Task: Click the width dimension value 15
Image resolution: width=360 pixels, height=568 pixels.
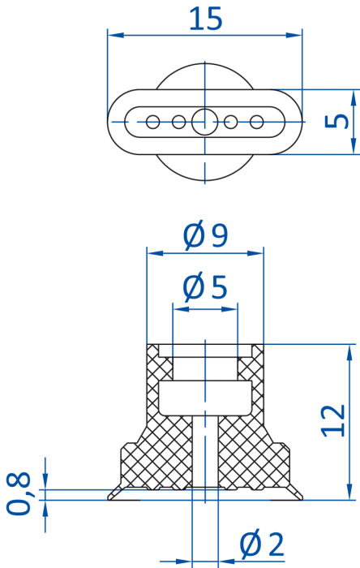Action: click(205, 19)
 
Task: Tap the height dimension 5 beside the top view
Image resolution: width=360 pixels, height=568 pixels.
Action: click(336, 122)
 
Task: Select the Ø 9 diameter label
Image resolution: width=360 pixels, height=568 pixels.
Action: click(205, 235)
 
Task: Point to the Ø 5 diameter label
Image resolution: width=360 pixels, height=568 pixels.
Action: click(205, 287)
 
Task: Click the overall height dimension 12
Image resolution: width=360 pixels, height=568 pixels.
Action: click(333, 420)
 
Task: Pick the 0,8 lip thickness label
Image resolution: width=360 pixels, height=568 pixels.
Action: click(18, 493)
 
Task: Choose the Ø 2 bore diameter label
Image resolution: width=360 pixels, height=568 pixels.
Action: click(262, 544)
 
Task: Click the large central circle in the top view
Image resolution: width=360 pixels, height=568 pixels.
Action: click(205, 122)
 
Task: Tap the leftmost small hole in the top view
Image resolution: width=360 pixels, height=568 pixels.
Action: click(152, 122)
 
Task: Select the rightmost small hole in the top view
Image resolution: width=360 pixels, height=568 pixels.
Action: click(256, 122)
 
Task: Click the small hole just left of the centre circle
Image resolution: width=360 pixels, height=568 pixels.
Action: click(178, 122)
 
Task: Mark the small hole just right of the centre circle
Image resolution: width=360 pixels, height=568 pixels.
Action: click(231, 122)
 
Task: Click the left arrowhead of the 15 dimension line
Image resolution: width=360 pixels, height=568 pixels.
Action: click(116, 35)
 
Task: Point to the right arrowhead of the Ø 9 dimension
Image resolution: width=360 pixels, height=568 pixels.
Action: click(255, 253)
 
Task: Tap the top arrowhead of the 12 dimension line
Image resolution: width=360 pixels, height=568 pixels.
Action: click(349, 352)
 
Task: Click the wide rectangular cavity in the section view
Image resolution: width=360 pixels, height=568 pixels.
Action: click(205, 398)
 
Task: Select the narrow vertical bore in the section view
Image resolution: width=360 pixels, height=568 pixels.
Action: click(205, 452)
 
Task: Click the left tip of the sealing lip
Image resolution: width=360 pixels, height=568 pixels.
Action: click(108, 499)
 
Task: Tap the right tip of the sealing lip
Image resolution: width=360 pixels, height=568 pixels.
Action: click(302, 499)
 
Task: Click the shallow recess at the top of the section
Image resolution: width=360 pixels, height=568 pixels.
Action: click(205, 351)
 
